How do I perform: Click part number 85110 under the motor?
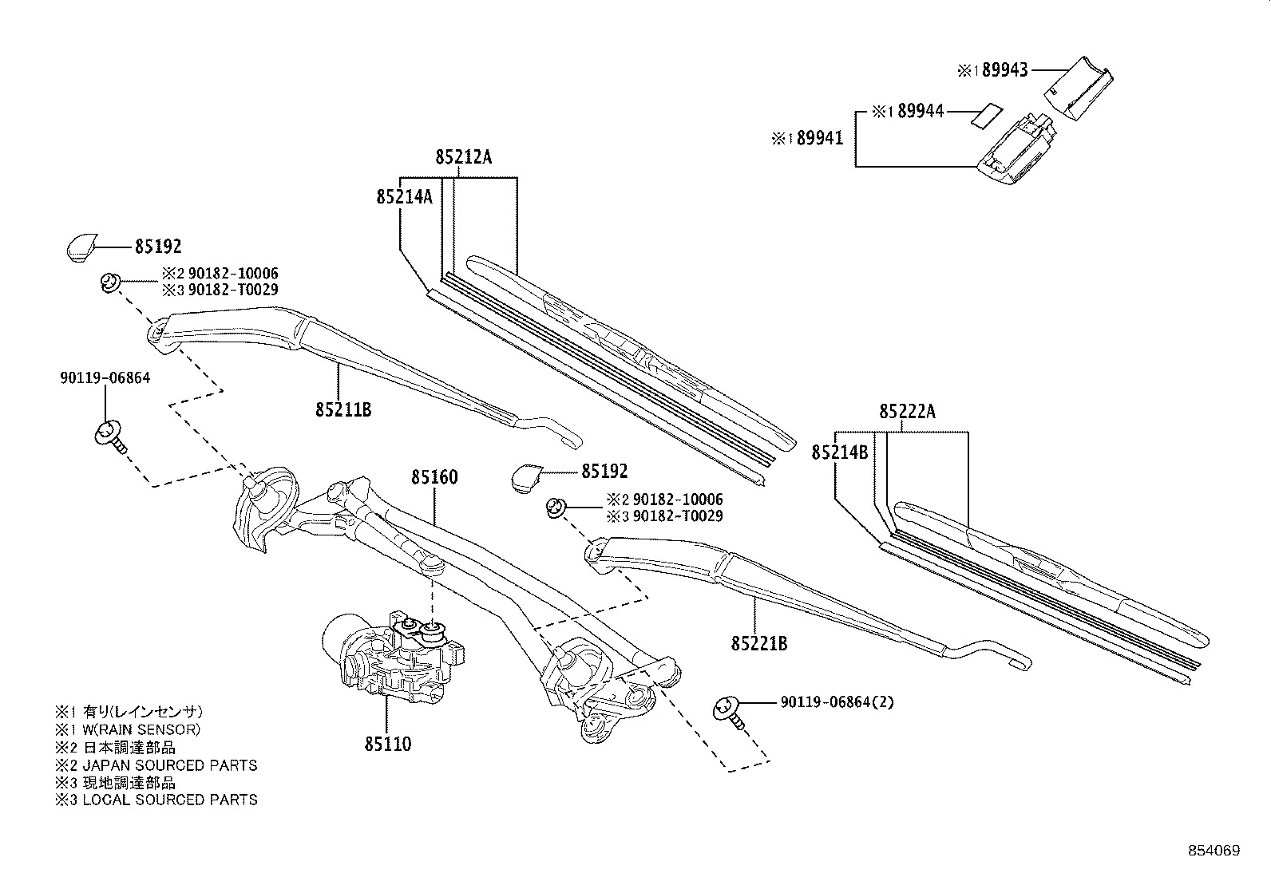pyautogui.click(x=388, y=744)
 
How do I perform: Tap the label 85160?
pyautogui.click(x=434, y=477)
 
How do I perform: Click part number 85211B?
pyautogui.click(x=342, y=410)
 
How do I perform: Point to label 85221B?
pyautogui.click(x=758, y=642)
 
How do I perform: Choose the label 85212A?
pyautogui.click(x=464, y=157)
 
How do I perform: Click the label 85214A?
pyautogui.click(x=404, y=196)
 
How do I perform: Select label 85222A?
pyautogui.click(x=908, y=412)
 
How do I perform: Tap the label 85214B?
pyautogui.click(x=839, y=452)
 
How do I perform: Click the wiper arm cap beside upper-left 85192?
pyautogui.click(x=81, y=247)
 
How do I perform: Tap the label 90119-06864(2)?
pyautogui.click(x=837, y=702)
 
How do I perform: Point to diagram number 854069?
pyautogui.click(x=1212, y=851)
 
